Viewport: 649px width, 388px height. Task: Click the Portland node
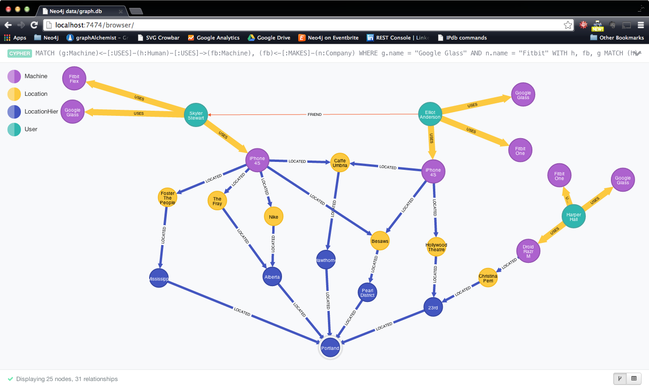(x=330, y=348)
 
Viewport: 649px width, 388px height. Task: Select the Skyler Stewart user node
(x=196, y=115)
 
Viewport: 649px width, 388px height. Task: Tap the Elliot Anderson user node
(x=430, y=114)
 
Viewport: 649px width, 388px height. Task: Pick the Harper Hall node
(x=574, y=216)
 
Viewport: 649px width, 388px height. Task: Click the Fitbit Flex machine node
(x=74, y=79)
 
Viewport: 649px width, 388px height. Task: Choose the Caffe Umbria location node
(x=340, y=163)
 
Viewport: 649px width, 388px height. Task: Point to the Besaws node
(x=380, y=241)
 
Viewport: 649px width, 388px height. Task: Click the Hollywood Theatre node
(x=436, y=247)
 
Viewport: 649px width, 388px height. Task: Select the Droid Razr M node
(x=528, y=251)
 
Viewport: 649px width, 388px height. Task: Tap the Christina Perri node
(x=488, y=278)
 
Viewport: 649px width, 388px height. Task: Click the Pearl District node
(x=367, y=293)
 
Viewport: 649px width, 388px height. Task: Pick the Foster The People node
(x=167, y=198)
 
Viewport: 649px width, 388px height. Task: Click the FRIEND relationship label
(x=315, y=114)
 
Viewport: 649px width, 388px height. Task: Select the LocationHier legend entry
(x=41, y=112)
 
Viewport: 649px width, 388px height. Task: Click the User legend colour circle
(x=14, y=129)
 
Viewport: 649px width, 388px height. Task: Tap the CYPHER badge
(x=20, y=54)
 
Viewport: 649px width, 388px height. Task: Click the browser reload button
(x=34, y=25)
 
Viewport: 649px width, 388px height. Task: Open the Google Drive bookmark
(x=269, y=38)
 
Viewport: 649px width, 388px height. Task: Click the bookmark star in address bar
(x=568, y=25)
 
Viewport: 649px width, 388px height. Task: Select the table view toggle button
(x=633, y=379)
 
